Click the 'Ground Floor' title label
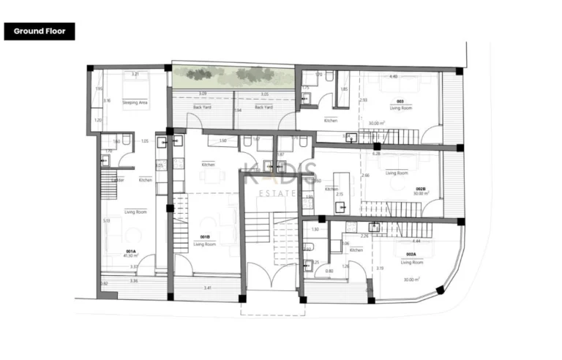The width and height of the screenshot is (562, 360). click(x=40, y=31)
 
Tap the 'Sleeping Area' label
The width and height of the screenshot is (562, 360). click(x=135, y=103)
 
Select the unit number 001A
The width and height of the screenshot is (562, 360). click(x=130, y=251)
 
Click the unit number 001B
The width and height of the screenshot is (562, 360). click(x=206, y=236)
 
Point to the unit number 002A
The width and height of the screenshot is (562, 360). click(x=411, y=254)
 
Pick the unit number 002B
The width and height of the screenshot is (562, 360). click(x=421, y=189)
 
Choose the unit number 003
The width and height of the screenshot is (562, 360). click(x=400, y=101)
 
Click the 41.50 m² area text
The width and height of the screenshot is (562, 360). click(x=131, y=256)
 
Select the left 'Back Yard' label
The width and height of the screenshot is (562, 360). click(x=202, y=108)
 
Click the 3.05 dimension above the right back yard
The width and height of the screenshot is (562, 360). click(x=264, y=94)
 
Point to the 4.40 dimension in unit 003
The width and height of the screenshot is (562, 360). click(x=393, y=76)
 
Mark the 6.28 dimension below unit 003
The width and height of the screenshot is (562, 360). click(x=376, y=154)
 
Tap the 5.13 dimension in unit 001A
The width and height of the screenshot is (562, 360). click(x=107, y=220)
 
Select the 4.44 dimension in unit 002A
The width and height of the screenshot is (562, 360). click(x=416, y=241)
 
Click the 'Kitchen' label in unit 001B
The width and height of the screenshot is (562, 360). click(x=208, y=165)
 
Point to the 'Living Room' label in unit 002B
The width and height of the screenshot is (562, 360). click(x=397, y=173)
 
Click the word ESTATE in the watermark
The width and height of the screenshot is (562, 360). click(x=279, y=193)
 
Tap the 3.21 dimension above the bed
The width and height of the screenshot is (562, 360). click(x=135, y=75)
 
